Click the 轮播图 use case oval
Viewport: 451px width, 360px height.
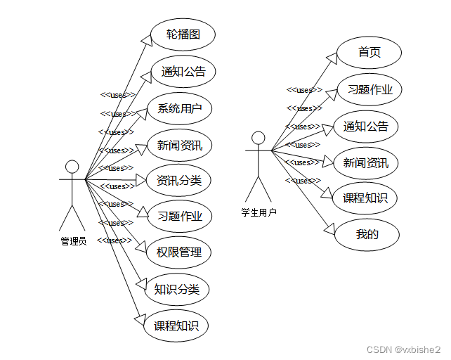pyautogui.click(x=183, y=34)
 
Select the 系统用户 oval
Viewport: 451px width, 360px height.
pyautogui.click(x=180, y=108)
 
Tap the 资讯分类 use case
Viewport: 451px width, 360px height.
pyautogui.click(x=178, y=180)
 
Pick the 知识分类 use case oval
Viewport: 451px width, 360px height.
pyautogui.click(x=177, y=289)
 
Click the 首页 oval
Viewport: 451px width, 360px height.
pyautogui.click(x=369, y=52)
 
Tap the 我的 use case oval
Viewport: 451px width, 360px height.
pyautogui.click(x=367, y=234)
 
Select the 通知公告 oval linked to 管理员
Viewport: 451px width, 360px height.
pyautogui.click(x=183, y=71)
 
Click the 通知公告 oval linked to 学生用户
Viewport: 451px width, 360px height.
pyautogui.click(x=365, y=127)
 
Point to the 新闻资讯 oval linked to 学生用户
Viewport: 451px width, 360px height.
pyautogui.click(x=365, y=163)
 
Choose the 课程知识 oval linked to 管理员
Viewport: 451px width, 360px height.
pyautogui.click(x=176, y=326)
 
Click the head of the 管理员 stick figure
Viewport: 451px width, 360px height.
pyautogui.click(x=72, y=167)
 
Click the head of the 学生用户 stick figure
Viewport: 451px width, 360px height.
pyautogui.click(x=259, y=137)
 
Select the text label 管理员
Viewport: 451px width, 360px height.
pyautogui.click(x=73, y=241)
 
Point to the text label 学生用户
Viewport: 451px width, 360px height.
pyautogui.click(x=259, y=212)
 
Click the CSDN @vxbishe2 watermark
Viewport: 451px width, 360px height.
pyautogui.click(x=404, y=349)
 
